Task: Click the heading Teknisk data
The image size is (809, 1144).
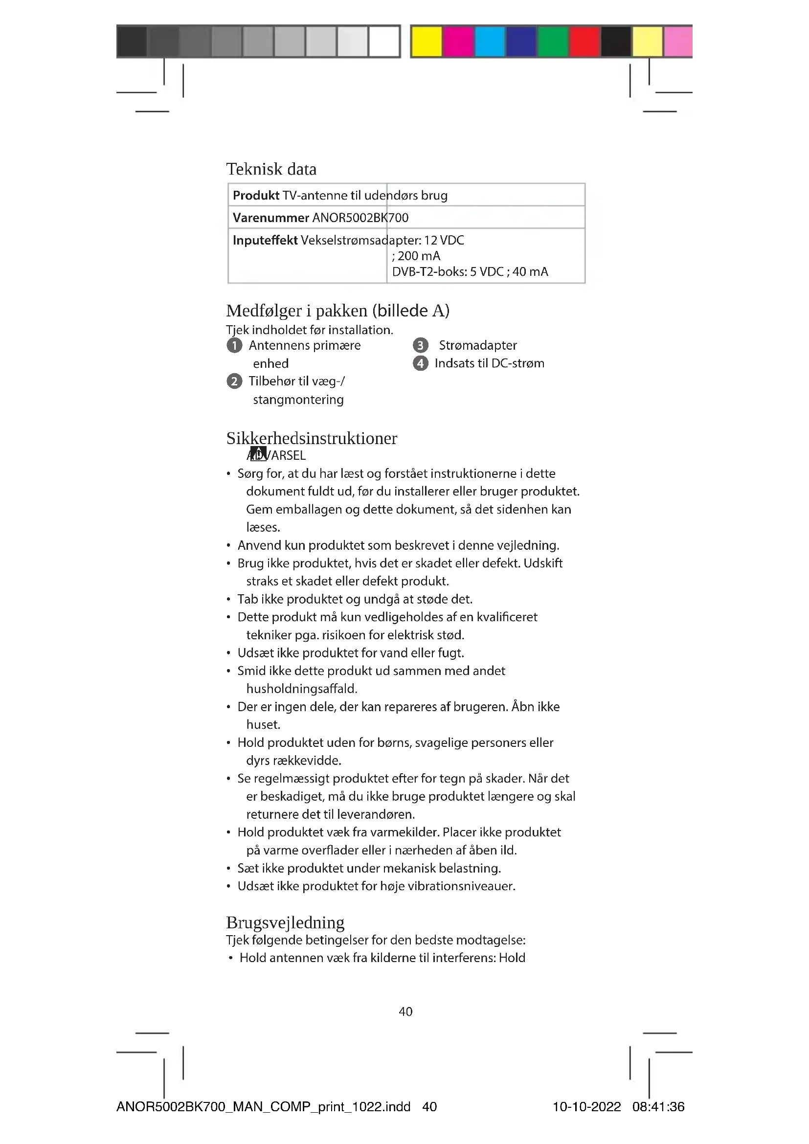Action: (x=271, y=169)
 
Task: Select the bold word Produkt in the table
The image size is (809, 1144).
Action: (x=256, y=195)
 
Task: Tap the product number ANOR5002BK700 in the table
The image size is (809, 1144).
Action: (x=360, y=218)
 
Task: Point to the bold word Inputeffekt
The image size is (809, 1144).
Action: (x=265, y=240)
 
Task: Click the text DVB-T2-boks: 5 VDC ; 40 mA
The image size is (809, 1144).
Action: (x=470, y=271)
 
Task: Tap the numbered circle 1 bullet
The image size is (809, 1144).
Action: (x=234, y=345)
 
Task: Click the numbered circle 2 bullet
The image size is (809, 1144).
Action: (x=234, y=381)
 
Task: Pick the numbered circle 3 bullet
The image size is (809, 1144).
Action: (x=421, y=345)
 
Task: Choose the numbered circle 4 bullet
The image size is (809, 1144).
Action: (x=421, y=363)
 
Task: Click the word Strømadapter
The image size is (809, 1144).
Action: (x=477, y=345)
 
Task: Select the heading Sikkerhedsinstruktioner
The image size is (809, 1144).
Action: (x=312, y=438)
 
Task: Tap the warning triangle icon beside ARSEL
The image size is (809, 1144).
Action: (x=258, y=454)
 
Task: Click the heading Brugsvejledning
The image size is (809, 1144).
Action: (x=285, y=922)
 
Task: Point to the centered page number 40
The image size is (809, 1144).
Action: (x=405, y=1011)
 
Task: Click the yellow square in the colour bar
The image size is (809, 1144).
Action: (x=427, y=41)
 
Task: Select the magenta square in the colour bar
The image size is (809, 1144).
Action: (x=458, y=41)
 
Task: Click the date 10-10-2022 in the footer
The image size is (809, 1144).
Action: (x=586, y=1107)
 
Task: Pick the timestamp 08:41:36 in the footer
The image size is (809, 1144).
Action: (x=658, y=1107)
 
